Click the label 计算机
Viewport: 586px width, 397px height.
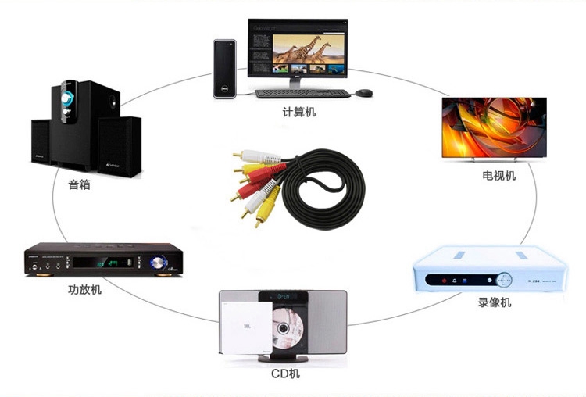click(x=299, y=113)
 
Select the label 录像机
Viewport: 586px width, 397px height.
click(x=494, y=302)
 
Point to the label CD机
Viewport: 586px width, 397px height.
click(x=285, y=374)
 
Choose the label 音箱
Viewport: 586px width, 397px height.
click(x=79, y=185)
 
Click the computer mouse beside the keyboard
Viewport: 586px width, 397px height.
click(x=363, y=93)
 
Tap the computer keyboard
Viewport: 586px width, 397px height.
click(x=302, y=93)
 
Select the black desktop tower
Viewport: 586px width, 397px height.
click(x=224, y=68)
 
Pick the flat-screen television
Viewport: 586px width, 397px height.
click(x=495, y=130)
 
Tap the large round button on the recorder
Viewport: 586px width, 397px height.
click(x=505, y=278)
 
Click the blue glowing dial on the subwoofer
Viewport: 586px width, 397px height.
click(x=69, y=99)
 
